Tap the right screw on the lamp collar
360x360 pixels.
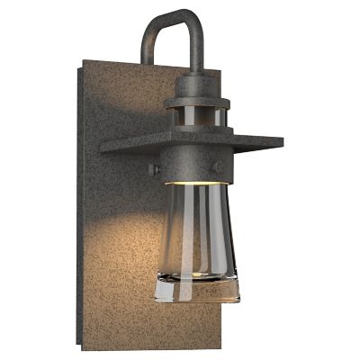tap(217, 166)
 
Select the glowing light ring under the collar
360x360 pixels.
tap(191, 182)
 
